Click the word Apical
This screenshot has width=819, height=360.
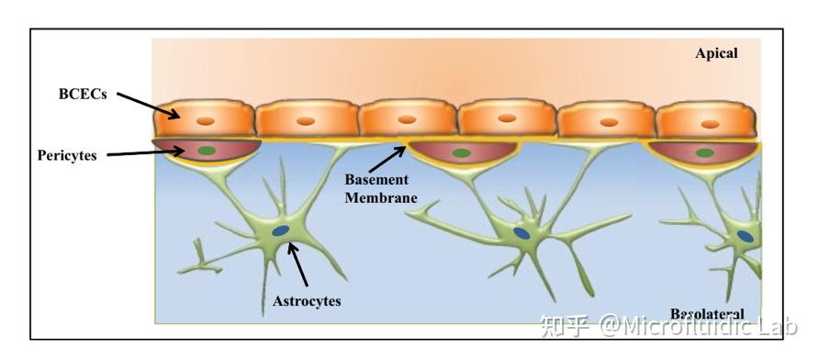click(716, 53)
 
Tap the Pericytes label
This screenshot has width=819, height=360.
click(67, 155)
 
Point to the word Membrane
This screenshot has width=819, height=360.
click(382, 197)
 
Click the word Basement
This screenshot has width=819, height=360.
click(378, 180)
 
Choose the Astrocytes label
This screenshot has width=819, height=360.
click(307, 300)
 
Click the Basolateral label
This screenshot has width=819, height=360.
click(707, 314)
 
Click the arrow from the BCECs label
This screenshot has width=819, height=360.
click(148, 104)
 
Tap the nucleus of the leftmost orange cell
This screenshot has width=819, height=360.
click(207, 121)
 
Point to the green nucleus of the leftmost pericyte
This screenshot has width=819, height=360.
click(208, 150)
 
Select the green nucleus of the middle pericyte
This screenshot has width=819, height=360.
click(462, 153)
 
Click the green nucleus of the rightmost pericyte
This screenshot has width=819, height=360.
click(705, 153)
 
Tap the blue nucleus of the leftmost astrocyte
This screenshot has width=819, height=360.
click(280, 231)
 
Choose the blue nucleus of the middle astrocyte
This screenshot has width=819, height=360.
click(522, 234)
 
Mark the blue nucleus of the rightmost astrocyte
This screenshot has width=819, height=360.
click(746, 236)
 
